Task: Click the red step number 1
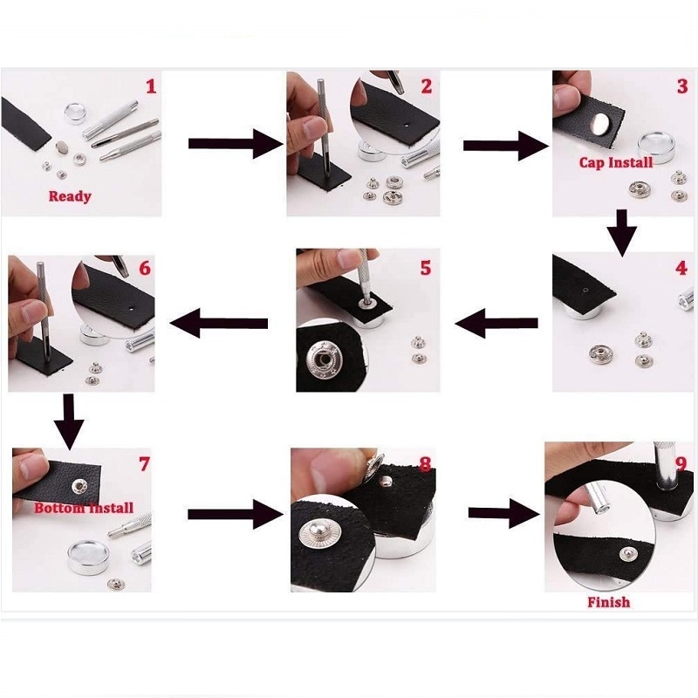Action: pos(151,86)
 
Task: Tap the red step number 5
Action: pos(426,268)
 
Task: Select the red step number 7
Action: pos(144,464)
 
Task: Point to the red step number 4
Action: pos(681,268)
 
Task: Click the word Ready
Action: pos(70,196)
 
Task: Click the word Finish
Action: pos(608,602)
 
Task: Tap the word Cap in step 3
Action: pos(593,163)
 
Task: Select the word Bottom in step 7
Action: pos(59,508)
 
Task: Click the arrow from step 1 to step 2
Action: pos(236,144)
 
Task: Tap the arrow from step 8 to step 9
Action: pos(504,513)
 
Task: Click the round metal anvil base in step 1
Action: pos(75,113)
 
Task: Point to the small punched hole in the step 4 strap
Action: pos(585,291)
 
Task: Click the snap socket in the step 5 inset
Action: pos(322,359)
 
